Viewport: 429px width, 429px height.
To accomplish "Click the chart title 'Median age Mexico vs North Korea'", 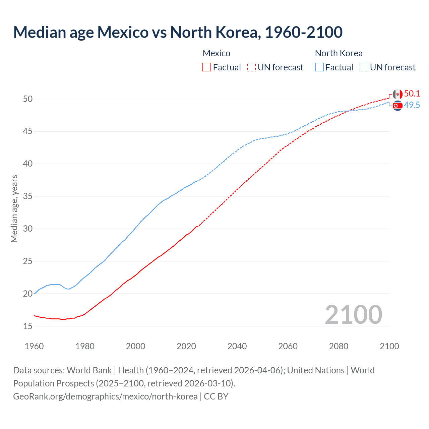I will [x=178, y=33].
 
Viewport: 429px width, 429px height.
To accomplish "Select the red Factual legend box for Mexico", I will [x=207, y=67].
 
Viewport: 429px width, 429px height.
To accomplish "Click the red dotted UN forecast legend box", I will [x=251, y=67].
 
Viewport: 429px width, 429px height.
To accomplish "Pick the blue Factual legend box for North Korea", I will [x=319, y=67].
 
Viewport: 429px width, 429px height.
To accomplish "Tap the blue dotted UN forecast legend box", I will [x=364, y=67].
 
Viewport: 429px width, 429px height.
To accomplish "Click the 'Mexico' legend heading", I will [x=217, y=53].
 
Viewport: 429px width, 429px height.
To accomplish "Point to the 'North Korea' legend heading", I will [x=339, y=53].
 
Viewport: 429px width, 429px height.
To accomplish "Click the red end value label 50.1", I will [x=412, y=94].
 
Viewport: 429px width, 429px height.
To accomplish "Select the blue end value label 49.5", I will [x=412, y=105].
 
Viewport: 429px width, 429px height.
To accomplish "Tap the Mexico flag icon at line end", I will [x=397, y=94].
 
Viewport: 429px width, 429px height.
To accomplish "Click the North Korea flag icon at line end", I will [x=397, y=106].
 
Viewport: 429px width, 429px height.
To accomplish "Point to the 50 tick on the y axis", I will [x=28, y=99].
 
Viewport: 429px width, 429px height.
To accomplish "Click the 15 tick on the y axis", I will [x=28, y=326].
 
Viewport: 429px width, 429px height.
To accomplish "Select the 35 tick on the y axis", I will [x=28, y=196].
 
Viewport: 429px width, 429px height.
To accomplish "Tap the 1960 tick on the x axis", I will [x=34, y=346].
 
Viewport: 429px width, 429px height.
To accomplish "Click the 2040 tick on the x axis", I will [x=237, y=346].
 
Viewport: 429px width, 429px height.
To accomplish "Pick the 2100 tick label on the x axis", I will [x=389, y=346].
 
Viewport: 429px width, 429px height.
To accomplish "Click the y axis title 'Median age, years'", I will [x=14, y=208].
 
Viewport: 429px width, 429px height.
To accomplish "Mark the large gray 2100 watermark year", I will [x=353, y=315].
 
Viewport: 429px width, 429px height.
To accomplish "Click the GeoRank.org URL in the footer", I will [x=105, y=396].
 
